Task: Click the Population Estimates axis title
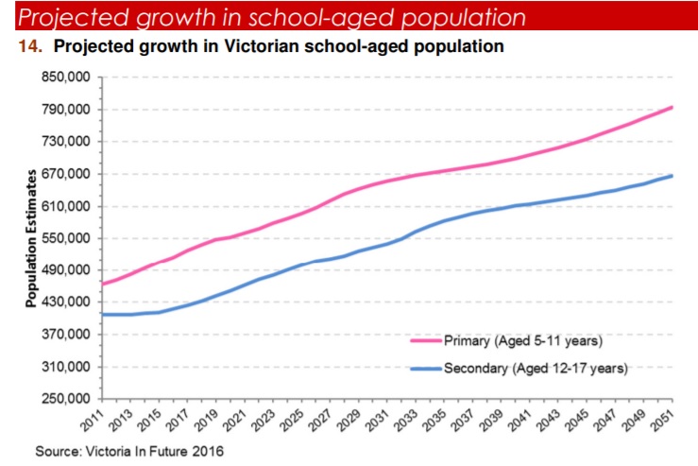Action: [30, 238]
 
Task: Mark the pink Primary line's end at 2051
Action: [672, 107]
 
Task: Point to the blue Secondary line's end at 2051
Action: [672, 176]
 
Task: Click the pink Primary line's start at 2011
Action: [102, 284]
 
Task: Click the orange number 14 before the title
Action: [26, 45]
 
